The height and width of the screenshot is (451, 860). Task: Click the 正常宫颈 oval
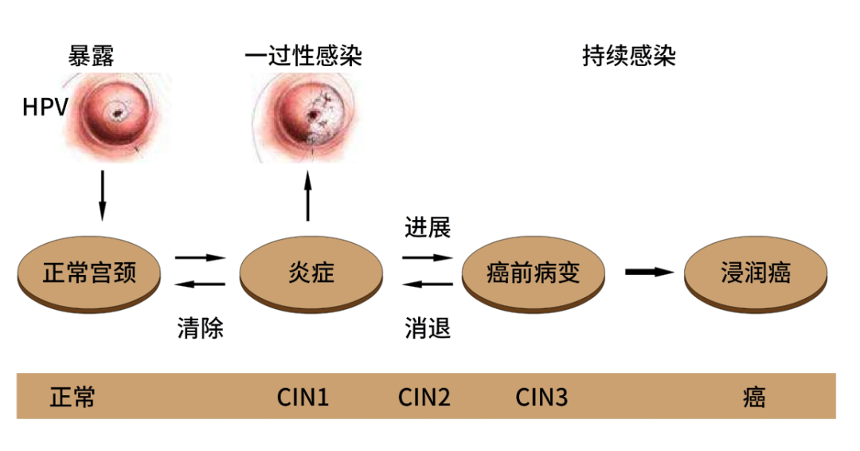[89, 273]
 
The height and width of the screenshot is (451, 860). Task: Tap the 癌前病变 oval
[533, 273]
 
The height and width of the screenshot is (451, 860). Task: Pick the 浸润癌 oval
[754, 273]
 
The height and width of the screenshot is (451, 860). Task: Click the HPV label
[45, 106]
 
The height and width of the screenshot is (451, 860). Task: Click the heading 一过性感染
[303, 56]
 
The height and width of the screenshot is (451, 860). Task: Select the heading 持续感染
[629, 56]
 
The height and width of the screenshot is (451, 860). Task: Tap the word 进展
[428, 228]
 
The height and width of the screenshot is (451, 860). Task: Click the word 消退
[428, 327]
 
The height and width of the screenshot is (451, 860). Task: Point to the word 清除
[200, 327]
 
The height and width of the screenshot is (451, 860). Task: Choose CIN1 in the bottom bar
[303, 397]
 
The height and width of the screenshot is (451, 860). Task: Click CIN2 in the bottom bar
[424, 397]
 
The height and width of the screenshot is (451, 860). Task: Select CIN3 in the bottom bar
[541, 397]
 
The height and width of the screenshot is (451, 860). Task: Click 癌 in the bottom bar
[754, 397]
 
